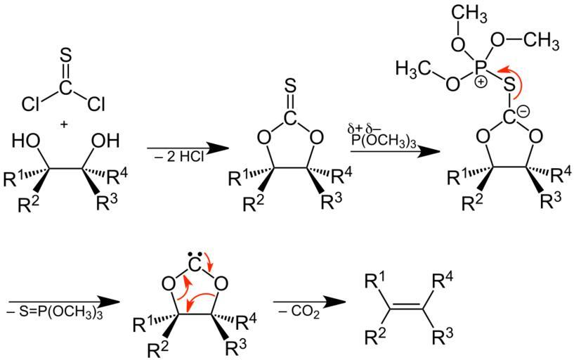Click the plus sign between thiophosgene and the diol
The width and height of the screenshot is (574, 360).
click(x=65, y=124)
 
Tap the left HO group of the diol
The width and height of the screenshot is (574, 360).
click(x=26, y=141)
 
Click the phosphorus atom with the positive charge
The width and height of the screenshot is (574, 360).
click(x=481, y=67)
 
